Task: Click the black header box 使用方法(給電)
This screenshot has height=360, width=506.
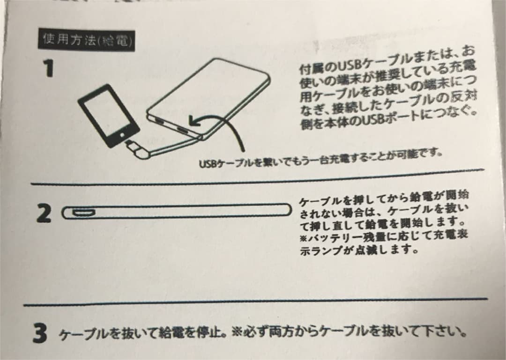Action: pos(87,41)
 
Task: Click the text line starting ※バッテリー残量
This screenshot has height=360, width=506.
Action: pos(384,236)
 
